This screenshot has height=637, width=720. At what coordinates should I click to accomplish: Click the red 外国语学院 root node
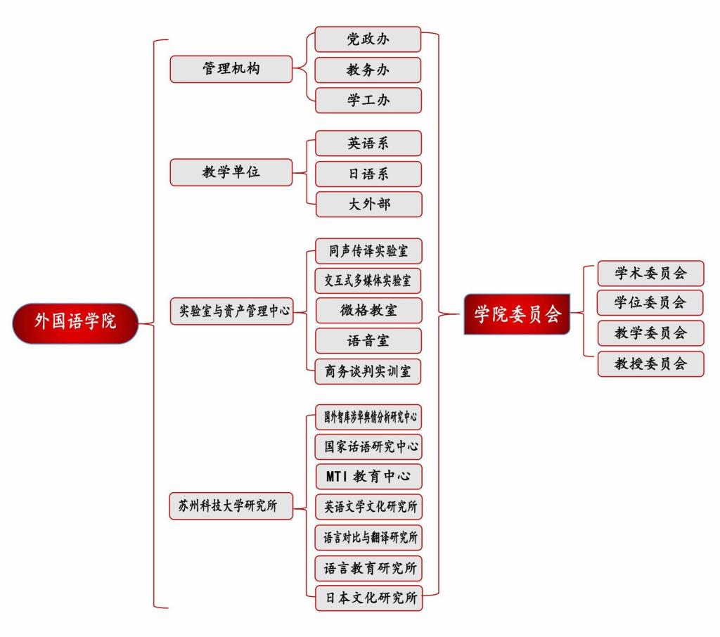(x=75, y=323)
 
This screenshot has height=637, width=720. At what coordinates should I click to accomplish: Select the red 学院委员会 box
(x=517, y=314)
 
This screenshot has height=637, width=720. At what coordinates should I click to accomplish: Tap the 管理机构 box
(x=231, y=69)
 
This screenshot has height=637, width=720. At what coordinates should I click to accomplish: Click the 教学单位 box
(x=231, y=172)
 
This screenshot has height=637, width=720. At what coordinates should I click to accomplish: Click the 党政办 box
(x=368, y=39)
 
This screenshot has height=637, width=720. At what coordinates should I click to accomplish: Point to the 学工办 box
(x=368, y=100)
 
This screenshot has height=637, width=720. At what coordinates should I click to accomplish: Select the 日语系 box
(x=368, y=174)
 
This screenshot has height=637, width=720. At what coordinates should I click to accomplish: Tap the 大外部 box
(x=368, y=204)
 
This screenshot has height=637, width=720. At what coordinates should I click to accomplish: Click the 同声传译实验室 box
(x=368, y=251)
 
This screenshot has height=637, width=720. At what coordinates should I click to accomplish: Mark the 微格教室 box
(x=368, y=310)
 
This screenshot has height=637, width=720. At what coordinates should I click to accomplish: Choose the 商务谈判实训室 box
(x=368, y=371)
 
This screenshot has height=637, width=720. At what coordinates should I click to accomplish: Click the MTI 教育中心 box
(x=368, y=476)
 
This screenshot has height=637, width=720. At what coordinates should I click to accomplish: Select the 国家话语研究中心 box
(x=368, y=446)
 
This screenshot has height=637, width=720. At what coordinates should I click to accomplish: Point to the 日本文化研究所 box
(x=368, y=598)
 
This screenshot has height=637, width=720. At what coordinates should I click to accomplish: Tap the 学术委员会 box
(x=650, y=273)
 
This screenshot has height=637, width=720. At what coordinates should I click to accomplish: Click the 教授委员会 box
(x=650, y=363)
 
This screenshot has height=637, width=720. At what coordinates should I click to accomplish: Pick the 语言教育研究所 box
(x=368, y=567)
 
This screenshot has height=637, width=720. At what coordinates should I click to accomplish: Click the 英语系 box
(x=368, y=143)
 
